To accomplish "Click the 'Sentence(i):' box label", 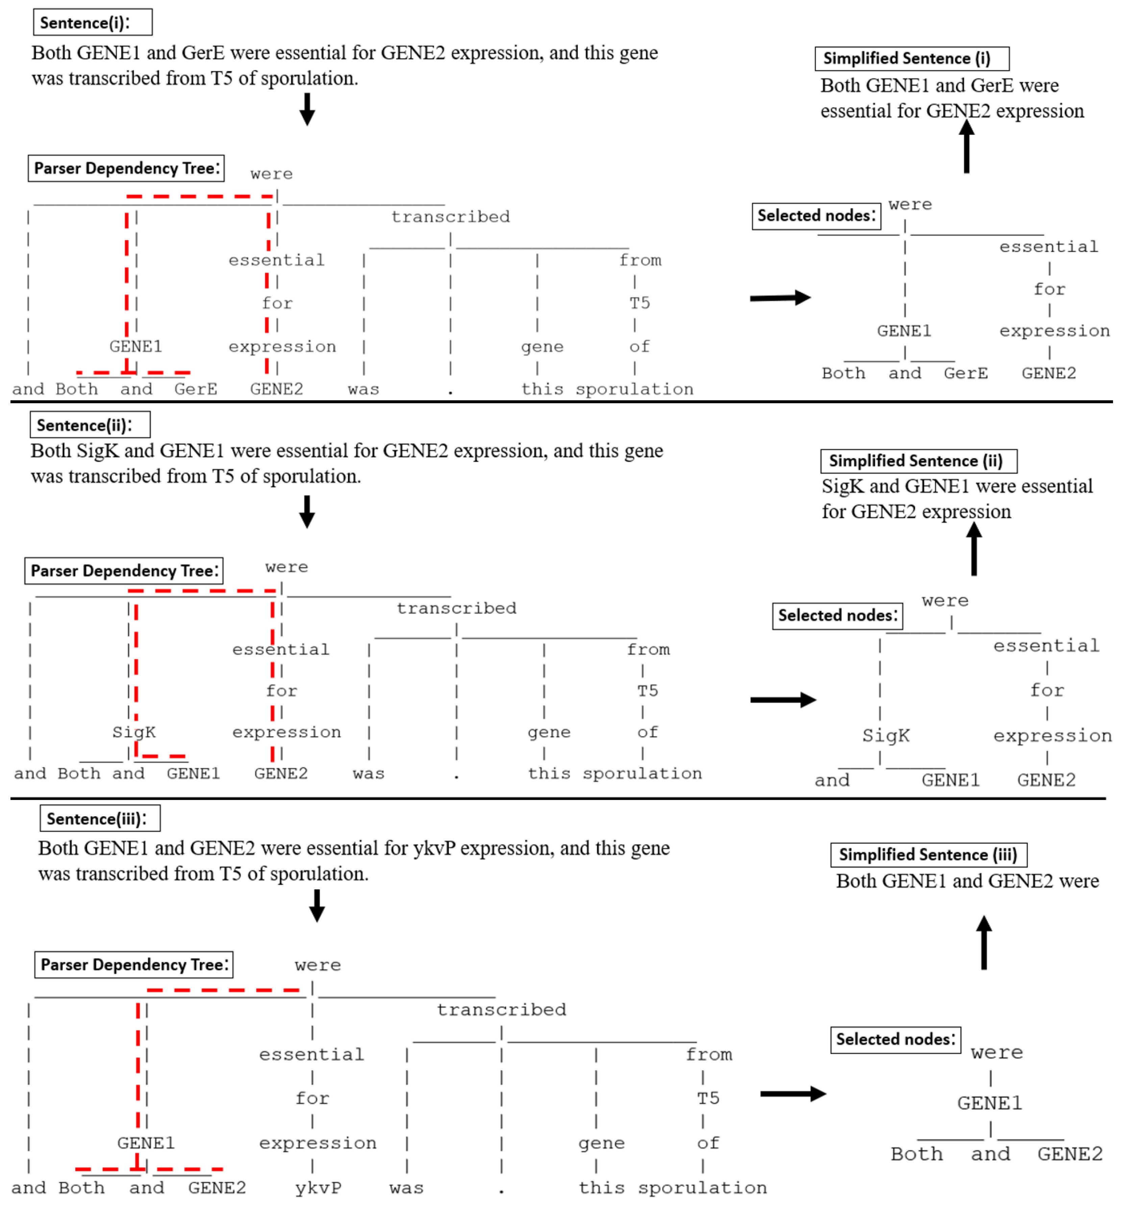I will (92, 22).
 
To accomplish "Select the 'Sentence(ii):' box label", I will (90, 425).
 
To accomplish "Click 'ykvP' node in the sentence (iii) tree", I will (318, 1187).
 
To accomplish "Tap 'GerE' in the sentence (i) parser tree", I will (195, 389).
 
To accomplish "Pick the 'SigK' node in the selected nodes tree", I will (886, 736).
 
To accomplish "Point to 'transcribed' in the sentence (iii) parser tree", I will (501, 1009).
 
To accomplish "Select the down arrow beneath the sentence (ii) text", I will (307, 511).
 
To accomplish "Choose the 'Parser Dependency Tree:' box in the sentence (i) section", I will (126, 168).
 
